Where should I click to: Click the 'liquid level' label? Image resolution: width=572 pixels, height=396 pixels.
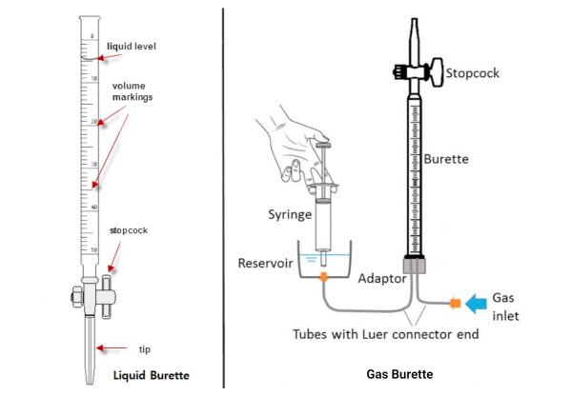pyautogui.click(x=131, y=45)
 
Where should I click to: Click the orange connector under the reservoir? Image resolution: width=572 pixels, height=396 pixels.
pyautogui.click(x=323, y=278)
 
